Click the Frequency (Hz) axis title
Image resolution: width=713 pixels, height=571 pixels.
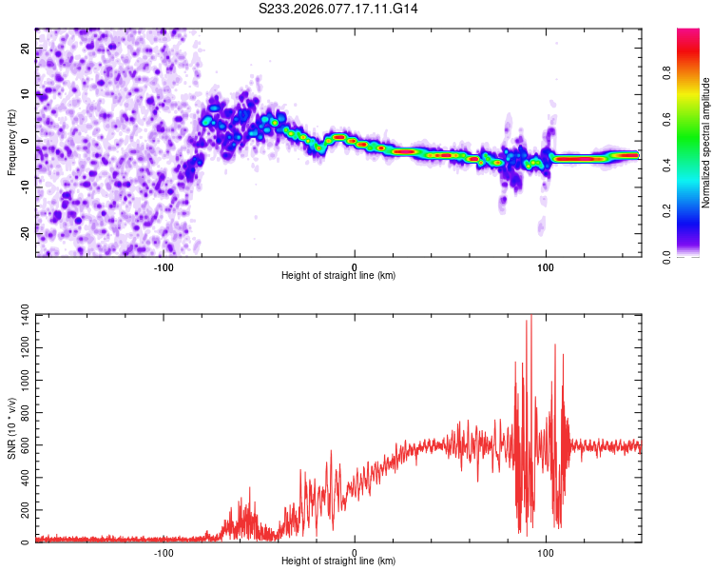(11, 141)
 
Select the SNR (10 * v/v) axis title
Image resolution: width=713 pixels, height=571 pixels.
(11, 427)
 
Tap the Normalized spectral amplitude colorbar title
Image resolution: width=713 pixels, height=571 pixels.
(706, 142)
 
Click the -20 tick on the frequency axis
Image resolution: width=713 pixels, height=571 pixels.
(24, 233)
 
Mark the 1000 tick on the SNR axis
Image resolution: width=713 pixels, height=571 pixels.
(20, 379)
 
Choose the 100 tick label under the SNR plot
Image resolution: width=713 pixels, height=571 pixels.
(547, 552)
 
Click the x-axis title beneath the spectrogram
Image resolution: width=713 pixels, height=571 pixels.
(338, 276)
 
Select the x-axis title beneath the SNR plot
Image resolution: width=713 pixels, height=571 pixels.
(338, 561)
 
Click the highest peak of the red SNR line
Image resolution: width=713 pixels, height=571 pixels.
(530, 316)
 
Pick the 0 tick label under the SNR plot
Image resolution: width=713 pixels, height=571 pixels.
(355, 552)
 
